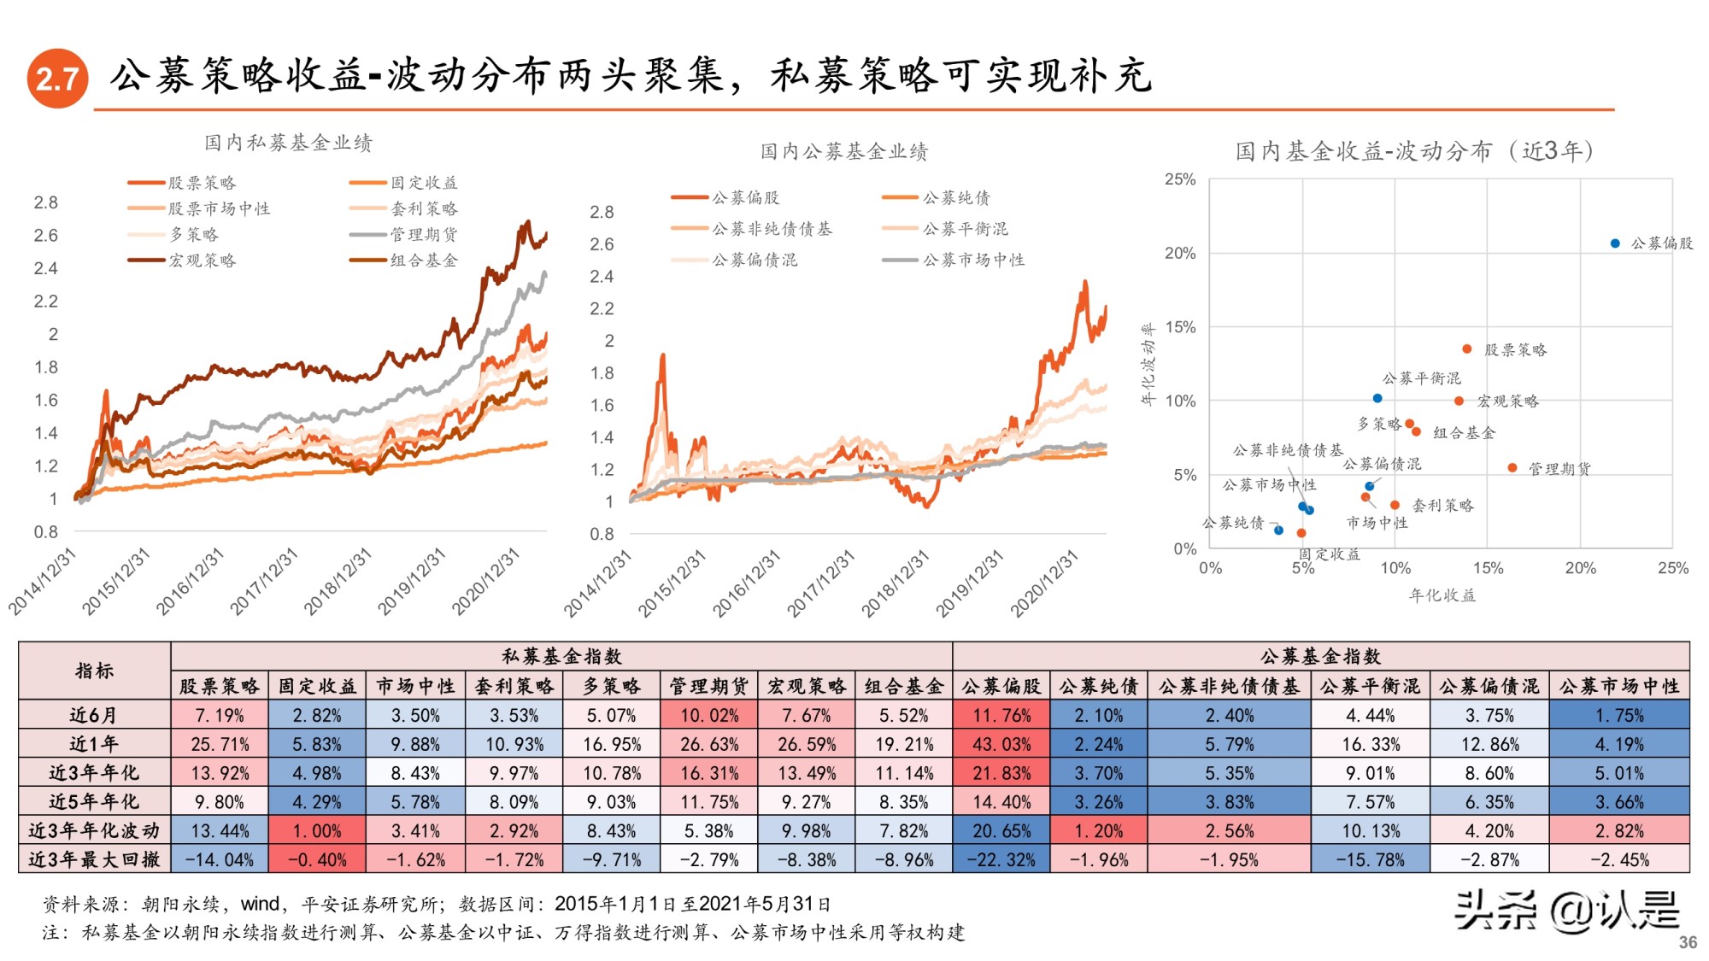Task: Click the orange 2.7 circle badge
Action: pyautogui.click(x=57, y=79)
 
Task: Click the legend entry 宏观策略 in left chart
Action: pyautogui.click(x=202, y=261)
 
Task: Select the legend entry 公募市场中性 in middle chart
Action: pyautogui.click(x=972, y=260)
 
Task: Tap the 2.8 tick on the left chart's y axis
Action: pyautogui.click(x=46, y=202)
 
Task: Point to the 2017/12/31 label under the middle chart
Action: pyautogui.click(x=821, y=584)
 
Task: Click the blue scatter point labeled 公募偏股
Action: pyautogui.click(x=1615, y=243)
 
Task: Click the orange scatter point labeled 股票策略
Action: pyautogui.click(x=1467, y=349)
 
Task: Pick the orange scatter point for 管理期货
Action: pyautogui.click(x=1512, y=467)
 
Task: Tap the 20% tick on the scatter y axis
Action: pyautogui.click(x=1180, y=253)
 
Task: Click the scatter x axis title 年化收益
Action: pyautogui.click(x=1442, y=595)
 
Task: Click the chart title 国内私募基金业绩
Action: pyautogui.click(x=288, y=143)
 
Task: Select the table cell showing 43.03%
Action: pyautogui.click(x=1001, y=744)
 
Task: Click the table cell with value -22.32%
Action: pyautogui.click(x=1001, y=859)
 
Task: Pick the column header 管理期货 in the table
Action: pyautogui.click(x=708, y=686)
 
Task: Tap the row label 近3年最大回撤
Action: pyautogui.click(x=94, y=859)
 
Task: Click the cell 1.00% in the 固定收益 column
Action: pyautogui.click(x=316, y=830)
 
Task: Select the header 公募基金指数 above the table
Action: pyautogui.click(x=1320, y=656)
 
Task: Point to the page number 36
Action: pyautogui.click(x=1687, y=942)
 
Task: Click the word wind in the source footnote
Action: pyautogui.click(x=260, y=904)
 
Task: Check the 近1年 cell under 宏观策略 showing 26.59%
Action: pyautogui.click(x=806, y=744)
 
